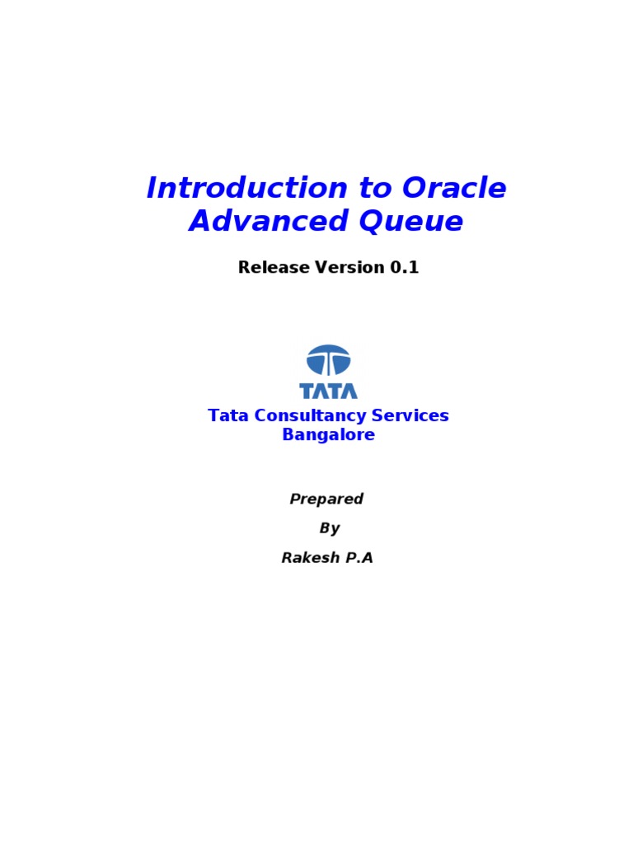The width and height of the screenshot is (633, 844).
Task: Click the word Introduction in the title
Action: coord(246,189)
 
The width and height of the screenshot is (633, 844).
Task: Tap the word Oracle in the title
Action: coord(454,189)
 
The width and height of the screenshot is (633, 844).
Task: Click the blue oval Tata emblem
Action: coord(328,360)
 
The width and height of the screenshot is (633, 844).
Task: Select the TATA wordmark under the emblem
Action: coord(328,391)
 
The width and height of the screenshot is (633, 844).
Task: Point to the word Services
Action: coord(409,416)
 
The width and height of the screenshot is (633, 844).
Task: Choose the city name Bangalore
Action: coord(328,435)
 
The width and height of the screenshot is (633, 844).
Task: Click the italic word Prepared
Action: coord(326,499)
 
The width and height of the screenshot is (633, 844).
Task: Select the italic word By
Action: coord(329,528)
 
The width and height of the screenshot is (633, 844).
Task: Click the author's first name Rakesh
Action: coord(308,558)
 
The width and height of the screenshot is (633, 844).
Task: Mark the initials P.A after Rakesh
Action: coord(358,558)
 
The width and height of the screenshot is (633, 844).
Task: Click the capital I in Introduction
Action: coord(152,189)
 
